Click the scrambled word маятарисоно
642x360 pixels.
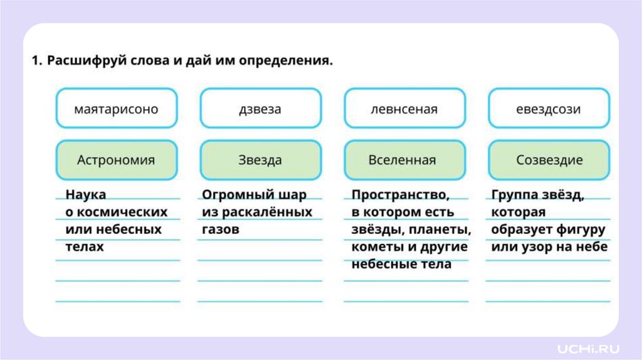coord(116,109)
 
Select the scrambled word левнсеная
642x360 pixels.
coord(404,109)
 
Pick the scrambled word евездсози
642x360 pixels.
coord(548,109)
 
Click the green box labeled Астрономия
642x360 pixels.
coord(116,160)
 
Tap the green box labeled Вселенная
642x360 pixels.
coord(404,160)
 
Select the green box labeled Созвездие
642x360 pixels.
coord(548,160)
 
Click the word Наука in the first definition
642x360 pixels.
coord(86,194)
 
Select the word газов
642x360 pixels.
coord(221,230)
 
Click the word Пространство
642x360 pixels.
coord(399,194)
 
